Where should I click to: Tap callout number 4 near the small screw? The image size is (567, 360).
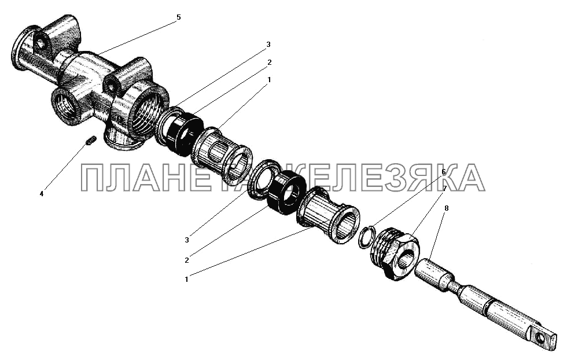coord(42,194)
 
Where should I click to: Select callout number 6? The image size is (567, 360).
coord(443,172)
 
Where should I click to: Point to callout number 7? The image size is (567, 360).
coord(444,188)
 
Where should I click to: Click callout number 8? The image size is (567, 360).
coord(446,208)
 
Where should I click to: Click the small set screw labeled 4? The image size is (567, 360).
coord(91,140)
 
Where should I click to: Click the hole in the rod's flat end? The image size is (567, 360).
coord(540,339)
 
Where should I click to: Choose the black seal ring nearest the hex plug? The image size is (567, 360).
coord(288,193)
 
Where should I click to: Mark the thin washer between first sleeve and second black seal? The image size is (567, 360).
coord(263,178)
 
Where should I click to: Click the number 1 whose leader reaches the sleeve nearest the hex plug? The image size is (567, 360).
coord(186,280)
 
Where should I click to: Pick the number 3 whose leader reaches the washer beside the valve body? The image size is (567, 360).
coord(268,45)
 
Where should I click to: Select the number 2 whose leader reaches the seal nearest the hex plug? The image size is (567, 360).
coord(186,260)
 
